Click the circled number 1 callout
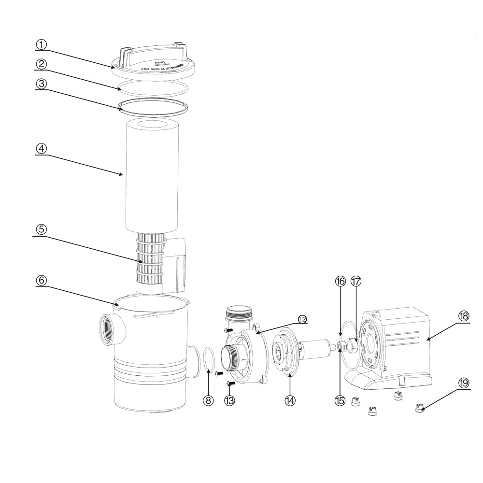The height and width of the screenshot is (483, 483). (42, 44)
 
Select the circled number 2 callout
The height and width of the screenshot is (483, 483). (42, 64)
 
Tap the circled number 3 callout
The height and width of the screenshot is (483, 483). (42, 83)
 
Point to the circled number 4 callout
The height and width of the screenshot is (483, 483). (42, 148)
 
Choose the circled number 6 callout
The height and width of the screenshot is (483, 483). (42, 280)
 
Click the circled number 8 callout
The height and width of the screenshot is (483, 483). (208, 400)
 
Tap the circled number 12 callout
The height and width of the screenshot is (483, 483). (302, 319)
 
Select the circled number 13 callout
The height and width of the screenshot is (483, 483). (230, 400)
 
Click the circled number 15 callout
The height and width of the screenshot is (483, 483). (340, 400)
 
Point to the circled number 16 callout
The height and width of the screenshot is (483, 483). (341, 282)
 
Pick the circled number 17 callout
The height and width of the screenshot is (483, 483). (356, 282)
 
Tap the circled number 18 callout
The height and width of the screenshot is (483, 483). (463, 316)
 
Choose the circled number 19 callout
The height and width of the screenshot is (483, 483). (463, 383)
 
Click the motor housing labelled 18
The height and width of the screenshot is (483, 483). (406, 343)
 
